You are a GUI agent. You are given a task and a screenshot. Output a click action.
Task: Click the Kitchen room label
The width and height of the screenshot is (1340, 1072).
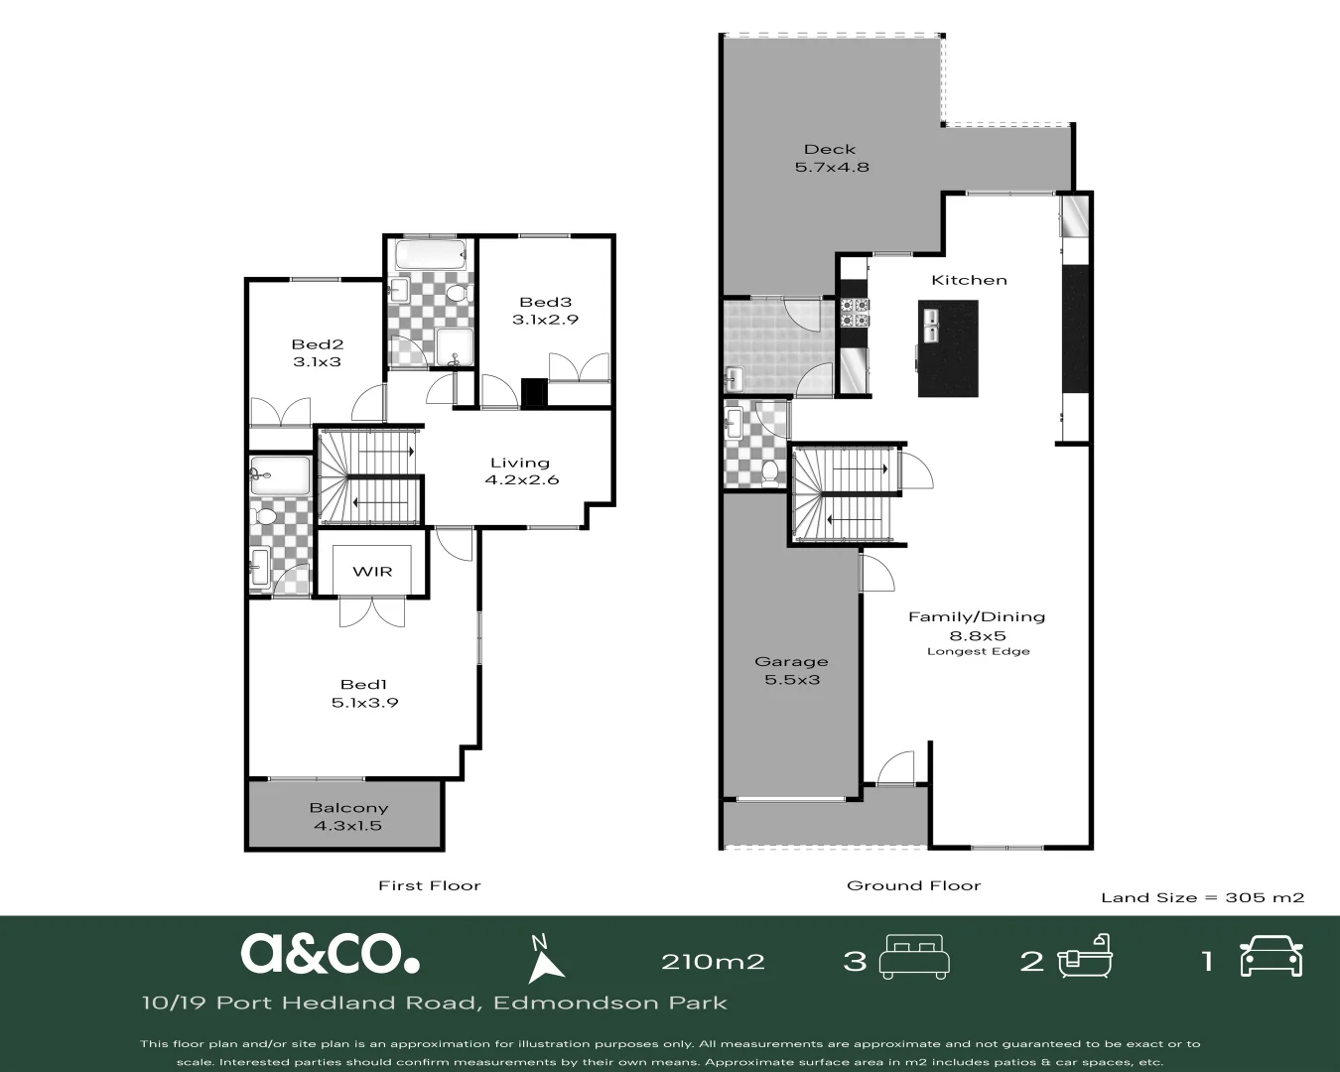click(x=969, y=280)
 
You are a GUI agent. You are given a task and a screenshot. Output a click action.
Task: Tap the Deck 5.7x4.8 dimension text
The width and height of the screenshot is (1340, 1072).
click(x=832, y=168)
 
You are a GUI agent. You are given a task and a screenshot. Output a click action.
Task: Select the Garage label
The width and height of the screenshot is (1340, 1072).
click(x=791, y=662)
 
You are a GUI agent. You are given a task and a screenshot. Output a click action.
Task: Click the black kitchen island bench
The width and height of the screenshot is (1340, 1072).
click(x=947, y=347)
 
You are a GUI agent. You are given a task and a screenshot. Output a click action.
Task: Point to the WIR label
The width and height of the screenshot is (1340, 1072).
click(x=372, y=571)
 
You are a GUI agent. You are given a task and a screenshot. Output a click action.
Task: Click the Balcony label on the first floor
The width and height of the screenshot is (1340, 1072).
click(x=348, y=808)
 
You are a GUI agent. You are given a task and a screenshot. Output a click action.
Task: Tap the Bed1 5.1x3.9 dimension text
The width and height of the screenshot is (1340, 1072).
click(x=364, y=703)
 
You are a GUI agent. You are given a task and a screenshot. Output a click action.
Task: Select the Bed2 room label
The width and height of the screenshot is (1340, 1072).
click(x=317, y=344)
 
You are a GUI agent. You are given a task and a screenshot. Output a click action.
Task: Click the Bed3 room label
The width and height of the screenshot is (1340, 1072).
click(x=545, y=302)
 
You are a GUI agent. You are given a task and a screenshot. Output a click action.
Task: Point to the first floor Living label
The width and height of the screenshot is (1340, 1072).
click(x=520, y=463)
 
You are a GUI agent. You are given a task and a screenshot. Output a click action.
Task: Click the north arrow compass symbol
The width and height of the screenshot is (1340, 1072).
click(x=543, y=960)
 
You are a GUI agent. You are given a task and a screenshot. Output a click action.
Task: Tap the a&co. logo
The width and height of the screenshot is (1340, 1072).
click(x=330, y=954)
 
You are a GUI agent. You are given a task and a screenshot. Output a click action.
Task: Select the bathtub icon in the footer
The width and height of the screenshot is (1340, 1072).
click(x=1085, y=958)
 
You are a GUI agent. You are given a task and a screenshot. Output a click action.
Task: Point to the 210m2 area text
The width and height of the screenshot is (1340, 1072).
click(x=713, y=961)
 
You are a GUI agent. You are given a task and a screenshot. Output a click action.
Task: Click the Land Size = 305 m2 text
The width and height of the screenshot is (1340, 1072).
click(x=1202, y=897)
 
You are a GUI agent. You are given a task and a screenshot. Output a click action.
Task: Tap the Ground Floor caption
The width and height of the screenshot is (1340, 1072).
click(x=913, y=885)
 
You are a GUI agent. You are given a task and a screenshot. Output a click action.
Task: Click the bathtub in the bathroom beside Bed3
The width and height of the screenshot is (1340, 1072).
click(x=430, y=257)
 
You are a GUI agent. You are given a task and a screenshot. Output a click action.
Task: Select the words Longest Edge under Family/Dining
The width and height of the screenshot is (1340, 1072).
click(x=978, y=652)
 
